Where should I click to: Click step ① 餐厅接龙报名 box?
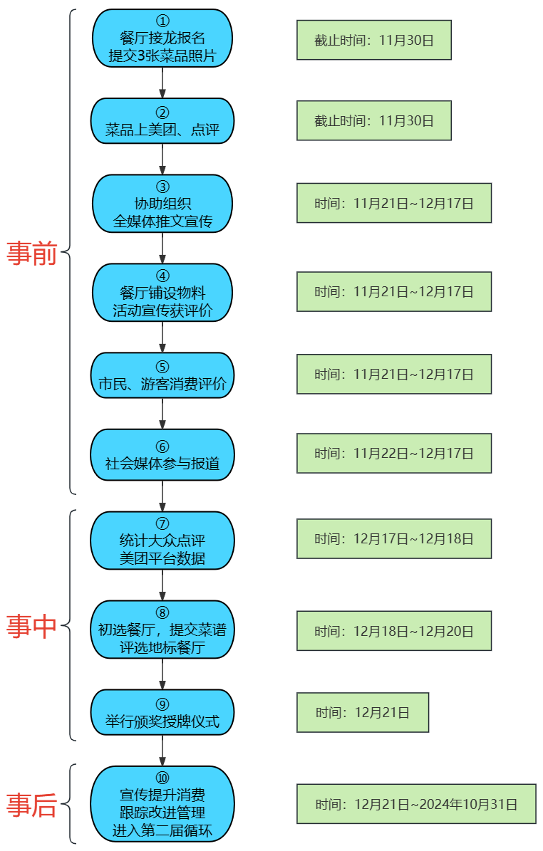click(x=162, y=38)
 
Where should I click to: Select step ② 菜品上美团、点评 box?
click(x=162, y=121)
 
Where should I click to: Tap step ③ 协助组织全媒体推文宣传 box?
click(x=162, y=204)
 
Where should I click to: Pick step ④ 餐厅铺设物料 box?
click(x=162, y=293)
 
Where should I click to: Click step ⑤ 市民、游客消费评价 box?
click(x=162, y=375)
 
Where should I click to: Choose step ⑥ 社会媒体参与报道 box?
click(x=162, y=454)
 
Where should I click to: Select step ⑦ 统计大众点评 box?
click(x=162, y=541)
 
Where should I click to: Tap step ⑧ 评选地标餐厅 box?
click(x=162, y=630)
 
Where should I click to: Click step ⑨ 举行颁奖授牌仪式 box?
click(x=162, y=712)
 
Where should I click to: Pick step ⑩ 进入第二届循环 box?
click(x=162, y=803)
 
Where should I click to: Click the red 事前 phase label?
click(x=31, y=253)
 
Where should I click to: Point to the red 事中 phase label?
click(x=31, y=626)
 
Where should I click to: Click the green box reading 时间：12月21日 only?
click(x=363, y=712)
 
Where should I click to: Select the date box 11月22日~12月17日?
click(x=394, y=453)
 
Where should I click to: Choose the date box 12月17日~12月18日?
click(x=394, y=538)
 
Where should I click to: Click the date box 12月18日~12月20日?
click(x=394, y=630)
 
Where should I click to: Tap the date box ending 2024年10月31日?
click(x=416, y=804)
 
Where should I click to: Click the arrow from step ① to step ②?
click(x=162, y=83)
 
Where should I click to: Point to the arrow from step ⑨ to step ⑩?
click(x=162, y=751)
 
